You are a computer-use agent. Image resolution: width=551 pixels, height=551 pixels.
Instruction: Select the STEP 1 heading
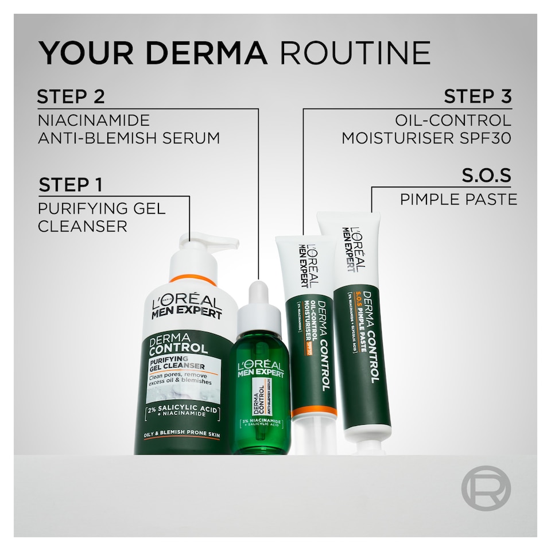pyautogui.click(x=71, y=185)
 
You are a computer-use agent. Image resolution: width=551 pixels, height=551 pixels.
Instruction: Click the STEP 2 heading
pyautogui.click(x=71, y=96)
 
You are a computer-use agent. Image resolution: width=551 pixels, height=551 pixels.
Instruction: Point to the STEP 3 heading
pyautogui.click(x=477, y=96)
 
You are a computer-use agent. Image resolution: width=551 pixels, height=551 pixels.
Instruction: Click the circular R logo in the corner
pyautogui.click(x=486, y=488)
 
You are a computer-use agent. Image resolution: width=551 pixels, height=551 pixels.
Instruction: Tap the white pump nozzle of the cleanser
pyautogui.click(x=212, y=242)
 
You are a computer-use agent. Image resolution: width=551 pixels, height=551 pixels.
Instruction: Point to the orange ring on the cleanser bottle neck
pyautogui.click(x=193, y=280)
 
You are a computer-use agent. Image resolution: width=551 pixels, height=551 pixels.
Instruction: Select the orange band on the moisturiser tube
pyautogui.click(x=313, y=412)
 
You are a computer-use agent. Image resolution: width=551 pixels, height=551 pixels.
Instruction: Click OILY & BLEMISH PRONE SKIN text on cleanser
pyautogui.click(x=181, y=436)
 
